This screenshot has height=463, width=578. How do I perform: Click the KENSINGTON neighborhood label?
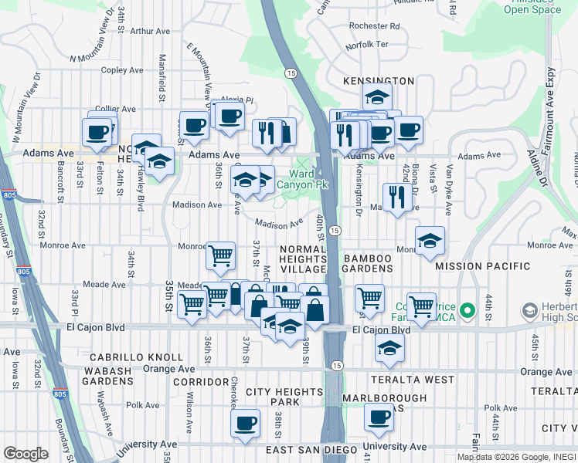[380, 80]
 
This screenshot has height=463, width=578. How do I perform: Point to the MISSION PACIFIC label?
[483, 266]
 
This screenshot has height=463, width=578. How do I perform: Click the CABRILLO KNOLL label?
[136, 357]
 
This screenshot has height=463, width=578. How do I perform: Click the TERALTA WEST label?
[413, 380]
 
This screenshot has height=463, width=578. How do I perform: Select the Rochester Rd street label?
[374, 25]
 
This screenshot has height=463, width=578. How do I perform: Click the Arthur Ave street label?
[150, 32]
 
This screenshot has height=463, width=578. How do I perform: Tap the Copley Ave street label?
[123, 70]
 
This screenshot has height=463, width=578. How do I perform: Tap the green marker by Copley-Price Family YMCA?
[467, 312]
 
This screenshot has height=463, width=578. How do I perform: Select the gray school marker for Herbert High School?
[530, 312]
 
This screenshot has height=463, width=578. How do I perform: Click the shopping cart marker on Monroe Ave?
[220, 255]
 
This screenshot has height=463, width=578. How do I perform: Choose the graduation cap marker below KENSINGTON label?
[377, 97]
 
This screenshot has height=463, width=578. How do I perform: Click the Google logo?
[25, 454]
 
